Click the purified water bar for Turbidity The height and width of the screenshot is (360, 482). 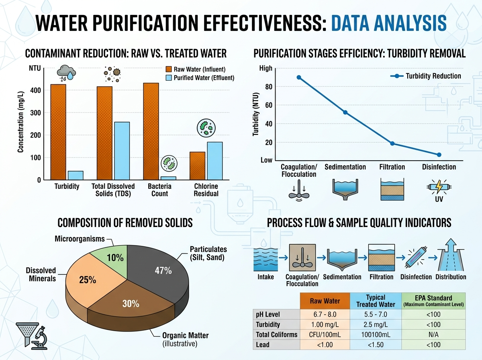point(76,175)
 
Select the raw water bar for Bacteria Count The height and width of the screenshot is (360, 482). point(151,131)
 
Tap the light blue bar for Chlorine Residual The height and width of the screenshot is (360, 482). point(215,161)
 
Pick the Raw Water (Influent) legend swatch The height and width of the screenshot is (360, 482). point(169,69)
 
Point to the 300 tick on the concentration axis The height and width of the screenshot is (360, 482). point(35,113)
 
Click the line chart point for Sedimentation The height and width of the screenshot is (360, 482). point(345,112)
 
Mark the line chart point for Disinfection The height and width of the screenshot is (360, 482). point(439,155)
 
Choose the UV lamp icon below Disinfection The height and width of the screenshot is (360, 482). point(439,187)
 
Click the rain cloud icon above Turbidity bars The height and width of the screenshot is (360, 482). point(66,73)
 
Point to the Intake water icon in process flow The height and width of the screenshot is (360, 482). point(266,260)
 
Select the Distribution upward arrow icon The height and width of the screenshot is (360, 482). point(451,255)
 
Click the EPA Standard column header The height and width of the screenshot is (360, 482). point(433,301)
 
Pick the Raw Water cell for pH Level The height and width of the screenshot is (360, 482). point(325,314)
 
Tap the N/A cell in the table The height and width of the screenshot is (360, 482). point(433,335)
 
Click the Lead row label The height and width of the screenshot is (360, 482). point(263,345)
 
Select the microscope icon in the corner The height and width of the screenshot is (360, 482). point(39,338)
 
